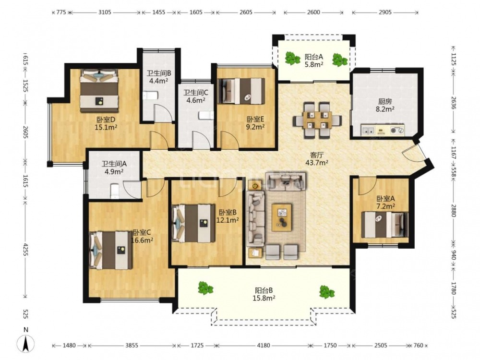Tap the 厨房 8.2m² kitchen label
point(385,105)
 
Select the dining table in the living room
point(317,120)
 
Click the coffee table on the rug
point(281,217)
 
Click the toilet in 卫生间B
point(150,96)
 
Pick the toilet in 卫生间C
point(206,115)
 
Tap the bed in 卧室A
point(384,225)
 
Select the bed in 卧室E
point(241,91)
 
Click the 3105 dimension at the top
point(105,12)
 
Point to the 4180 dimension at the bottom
point(263,345)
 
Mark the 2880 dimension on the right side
point(454,211)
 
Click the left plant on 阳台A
point(292,58)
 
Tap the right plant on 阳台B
point(326,292)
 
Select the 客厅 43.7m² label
point(317,159)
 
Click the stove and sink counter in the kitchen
point(383,130)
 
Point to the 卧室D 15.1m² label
point(106,123)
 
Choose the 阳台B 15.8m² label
point(264,294)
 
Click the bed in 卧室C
point(111,251)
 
